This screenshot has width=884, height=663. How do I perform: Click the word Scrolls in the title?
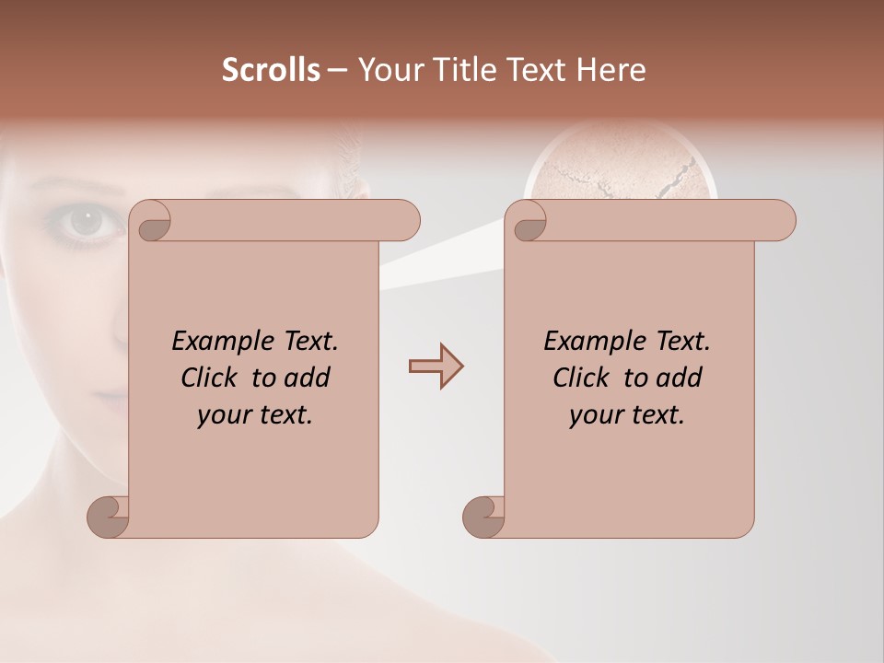[271, 70]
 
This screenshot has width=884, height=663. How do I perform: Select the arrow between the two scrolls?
[436, 366]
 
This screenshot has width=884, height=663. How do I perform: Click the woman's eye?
[87, 221]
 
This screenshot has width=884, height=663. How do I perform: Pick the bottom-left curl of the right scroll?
[483, 517]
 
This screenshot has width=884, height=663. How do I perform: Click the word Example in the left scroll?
[223, 342]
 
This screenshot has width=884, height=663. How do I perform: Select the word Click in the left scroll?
[211, 378]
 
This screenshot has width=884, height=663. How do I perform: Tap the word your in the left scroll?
[224, 415]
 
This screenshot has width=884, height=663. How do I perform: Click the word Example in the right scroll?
[595, 342]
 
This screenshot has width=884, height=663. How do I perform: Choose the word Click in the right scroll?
[583, 378]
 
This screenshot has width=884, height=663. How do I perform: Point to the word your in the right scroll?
[596, 415]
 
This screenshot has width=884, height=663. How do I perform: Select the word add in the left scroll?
[308, 378]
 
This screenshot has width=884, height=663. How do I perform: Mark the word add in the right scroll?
[680, 378]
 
